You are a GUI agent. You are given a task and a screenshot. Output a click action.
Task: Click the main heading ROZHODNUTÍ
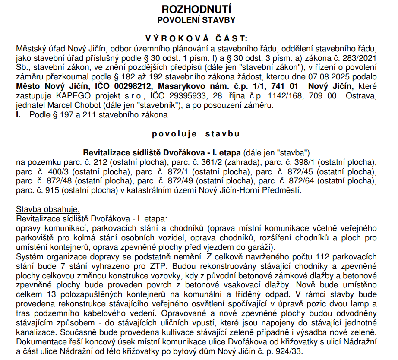[x=196, y=9]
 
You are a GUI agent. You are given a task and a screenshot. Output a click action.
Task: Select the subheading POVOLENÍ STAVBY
[x=196, y=19]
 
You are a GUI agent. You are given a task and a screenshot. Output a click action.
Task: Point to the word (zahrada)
[x=231, y=162]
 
